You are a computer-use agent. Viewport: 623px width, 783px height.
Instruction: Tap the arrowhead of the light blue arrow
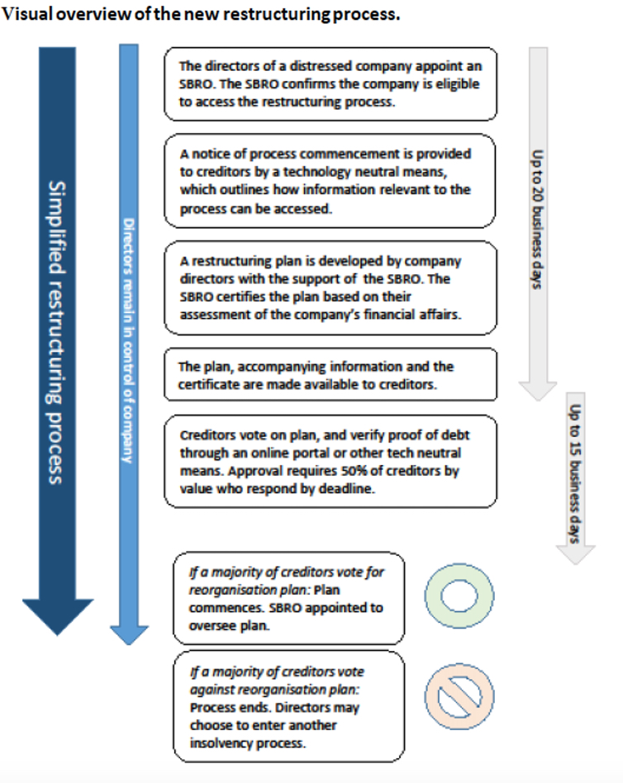click(129, 632)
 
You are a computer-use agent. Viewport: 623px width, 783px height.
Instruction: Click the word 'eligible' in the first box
click(457, 84)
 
